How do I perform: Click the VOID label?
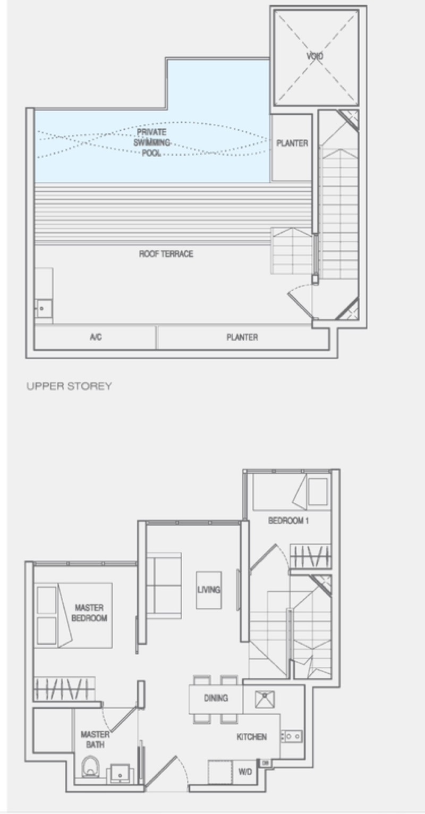point(314,56)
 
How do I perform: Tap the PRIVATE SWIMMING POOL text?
point(151,142)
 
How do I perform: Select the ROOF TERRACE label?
point(166,253)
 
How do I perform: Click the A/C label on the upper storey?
point(96,337)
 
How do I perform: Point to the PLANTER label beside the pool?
point(292,143)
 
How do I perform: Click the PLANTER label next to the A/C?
point(242,337)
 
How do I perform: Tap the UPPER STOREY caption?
point(69,386)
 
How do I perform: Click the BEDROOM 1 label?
point(288,521)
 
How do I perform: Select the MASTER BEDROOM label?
point(89,613)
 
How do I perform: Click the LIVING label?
point(208,589)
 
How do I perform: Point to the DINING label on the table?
point(216,698)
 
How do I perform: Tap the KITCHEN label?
point(251,737)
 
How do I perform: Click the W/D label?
point(245,771)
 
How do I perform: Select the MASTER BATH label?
point(95,740)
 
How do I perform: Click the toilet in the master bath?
point(90,766)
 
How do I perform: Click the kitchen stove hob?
point(291,736)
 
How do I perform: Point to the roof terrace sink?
point(43,309)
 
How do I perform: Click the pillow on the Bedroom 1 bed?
point(318,491)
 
